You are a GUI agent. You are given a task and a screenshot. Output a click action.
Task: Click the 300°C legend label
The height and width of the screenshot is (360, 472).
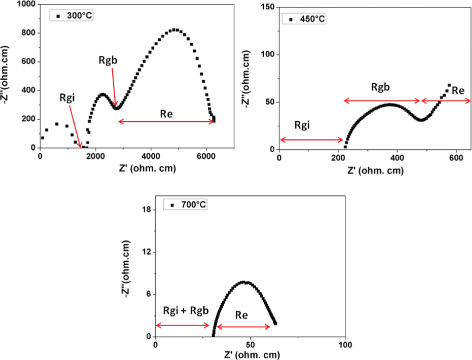[x=80, y=15]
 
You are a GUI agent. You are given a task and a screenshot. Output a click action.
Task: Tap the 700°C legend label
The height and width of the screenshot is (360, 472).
[x=194, y=205]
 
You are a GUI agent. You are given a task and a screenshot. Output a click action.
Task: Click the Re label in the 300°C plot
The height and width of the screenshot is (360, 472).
[x=166, y=113]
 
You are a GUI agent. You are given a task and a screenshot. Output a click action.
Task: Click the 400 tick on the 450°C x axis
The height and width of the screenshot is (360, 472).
[x=397, y=157]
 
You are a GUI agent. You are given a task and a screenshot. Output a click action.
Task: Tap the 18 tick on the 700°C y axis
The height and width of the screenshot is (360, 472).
[x=146, y=210]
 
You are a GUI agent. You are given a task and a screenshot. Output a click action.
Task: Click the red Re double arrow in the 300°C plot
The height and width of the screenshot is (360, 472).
[x=166, y=121]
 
